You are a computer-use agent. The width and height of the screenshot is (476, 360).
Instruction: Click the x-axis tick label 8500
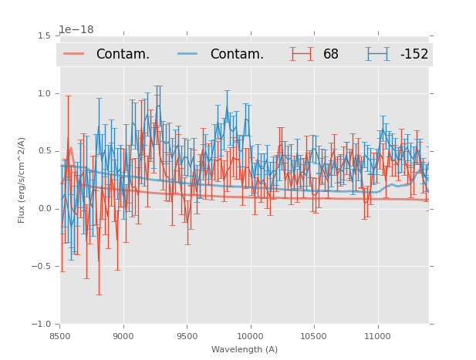coord(60,336)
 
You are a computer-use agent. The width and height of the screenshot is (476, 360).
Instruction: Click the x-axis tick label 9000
coord(123,336)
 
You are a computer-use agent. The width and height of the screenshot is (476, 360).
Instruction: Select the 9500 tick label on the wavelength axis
coord(187,336)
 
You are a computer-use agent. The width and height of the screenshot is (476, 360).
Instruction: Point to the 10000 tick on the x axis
coord(250,336)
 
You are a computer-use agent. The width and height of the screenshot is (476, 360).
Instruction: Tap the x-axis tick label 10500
coord(313,336)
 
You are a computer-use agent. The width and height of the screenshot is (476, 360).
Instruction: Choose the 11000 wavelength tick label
coord(377,336)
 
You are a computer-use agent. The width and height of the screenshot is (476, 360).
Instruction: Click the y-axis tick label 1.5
coord(44,35)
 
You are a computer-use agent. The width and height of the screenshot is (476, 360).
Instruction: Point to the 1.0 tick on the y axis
coord(44,93)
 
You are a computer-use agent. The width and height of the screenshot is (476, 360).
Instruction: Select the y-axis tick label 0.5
coord(44,151)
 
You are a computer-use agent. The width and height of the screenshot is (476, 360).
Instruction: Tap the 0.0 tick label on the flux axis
coord(44,209)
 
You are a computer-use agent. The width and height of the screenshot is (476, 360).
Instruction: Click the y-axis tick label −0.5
coord(41,267)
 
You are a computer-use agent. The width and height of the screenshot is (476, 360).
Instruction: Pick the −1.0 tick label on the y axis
coord(41,325)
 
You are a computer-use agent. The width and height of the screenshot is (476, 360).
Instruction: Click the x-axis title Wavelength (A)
coord(245,349)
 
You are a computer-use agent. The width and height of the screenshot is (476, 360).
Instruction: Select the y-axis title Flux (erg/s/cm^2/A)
coord(22,180)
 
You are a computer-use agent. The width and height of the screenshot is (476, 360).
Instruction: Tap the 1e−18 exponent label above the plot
coord(76,30)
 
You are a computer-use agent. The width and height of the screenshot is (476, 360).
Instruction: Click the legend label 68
coord(331,55)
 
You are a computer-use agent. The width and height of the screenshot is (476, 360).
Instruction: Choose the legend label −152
coord(414,55)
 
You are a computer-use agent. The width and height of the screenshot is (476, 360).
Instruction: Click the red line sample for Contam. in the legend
coord(74,54)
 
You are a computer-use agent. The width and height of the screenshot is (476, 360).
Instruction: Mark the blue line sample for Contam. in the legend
coord(188,54)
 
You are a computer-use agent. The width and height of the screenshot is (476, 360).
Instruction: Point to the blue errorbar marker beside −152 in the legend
coord(378,54)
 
